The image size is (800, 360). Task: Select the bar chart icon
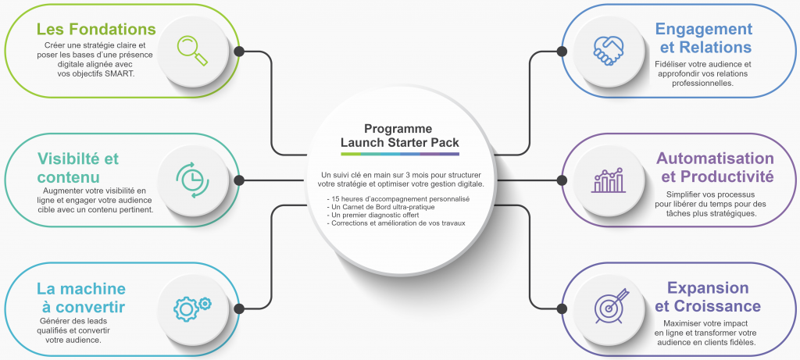coord(609,180)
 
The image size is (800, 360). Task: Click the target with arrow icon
coord(609,308)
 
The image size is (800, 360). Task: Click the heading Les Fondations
coord(96,30)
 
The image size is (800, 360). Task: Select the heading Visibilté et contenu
coord(78,168)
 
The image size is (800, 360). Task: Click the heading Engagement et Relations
coord(703,38)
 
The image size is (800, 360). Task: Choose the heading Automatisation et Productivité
coord(715,167)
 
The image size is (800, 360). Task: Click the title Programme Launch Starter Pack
coord(399,135)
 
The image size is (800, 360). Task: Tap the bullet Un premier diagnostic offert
coord(373,215)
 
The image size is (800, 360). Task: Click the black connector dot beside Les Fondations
coord(239,52)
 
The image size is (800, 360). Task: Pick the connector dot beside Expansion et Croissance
coord(559,308)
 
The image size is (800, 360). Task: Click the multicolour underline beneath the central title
coord(399,154)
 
